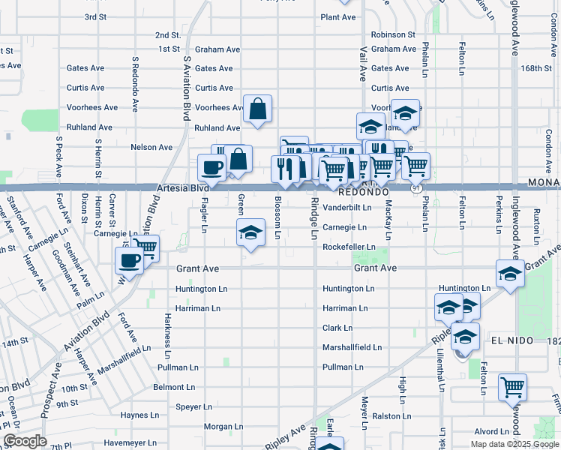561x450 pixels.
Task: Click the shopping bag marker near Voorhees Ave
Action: click(257, 109)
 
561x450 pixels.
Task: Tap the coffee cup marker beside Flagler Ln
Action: click(211, 168)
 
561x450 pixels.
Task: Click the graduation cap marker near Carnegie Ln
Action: click(251, 233)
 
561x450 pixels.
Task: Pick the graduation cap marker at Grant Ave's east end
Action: click(510, 274)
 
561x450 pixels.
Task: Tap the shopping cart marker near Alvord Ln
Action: click(513, 388)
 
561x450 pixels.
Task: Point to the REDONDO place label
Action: click(345, 193)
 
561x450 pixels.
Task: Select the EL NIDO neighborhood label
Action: click(512, 340)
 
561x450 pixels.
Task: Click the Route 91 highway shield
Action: click(414, 189)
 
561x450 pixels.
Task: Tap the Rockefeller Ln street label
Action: click(349, 247)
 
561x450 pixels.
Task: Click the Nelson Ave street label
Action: click(151, 147)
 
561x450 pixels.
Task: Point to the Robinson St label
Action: click(392, 34)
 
